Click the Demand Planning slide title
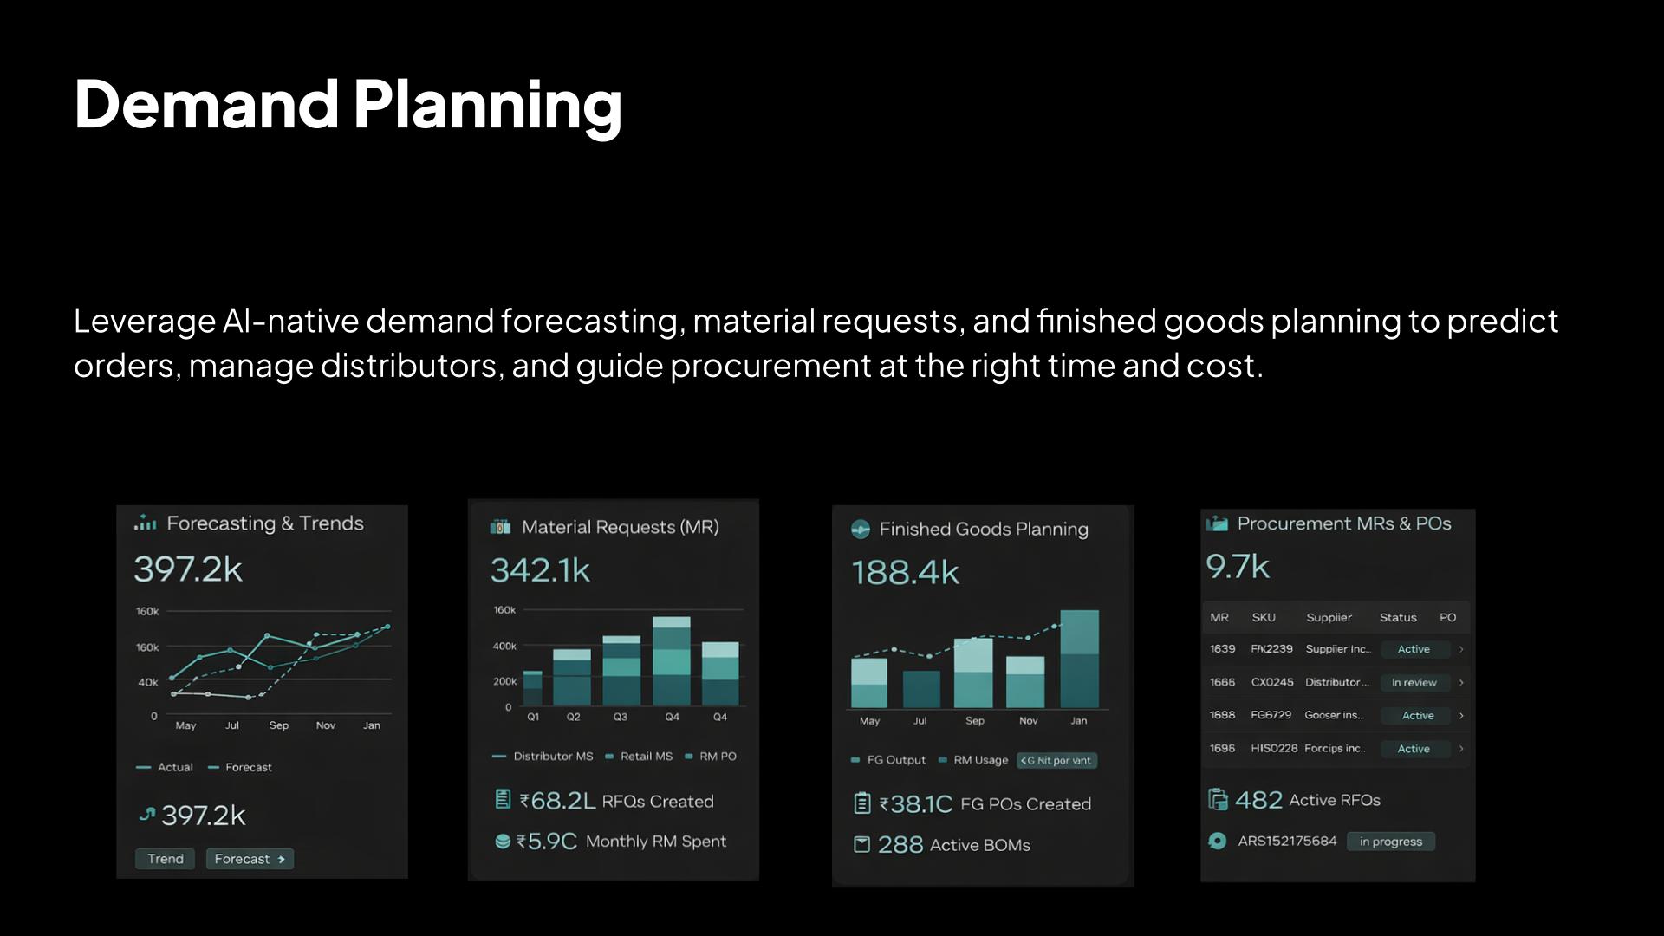point(348,104)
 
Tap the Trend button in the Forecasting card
point(165,859)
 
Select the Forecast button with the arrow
point(250,859)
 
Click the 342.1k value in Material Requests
point(540,570)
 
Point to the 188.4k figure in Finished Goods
point(905,573)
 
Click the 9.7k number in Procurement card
point(1237,567)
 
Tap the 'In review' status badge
point(1414,683)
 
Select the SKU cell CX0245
point(1271,682)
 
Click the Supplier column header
point(1329,617)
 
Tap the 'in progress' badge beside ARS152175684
point(1390,842)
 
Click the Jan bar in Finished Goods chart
point(1079,659)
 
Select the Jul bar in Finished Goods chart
point(920,689)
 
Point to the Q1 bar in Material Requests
point(532,688)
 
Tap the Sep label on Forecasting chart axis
point(278,725)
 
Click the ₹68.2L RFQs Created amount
point(557,801)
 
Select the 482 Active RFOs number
point(1258,800)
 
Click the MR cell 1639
point(1222,649)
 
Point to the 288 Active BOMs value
point(900,845)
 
